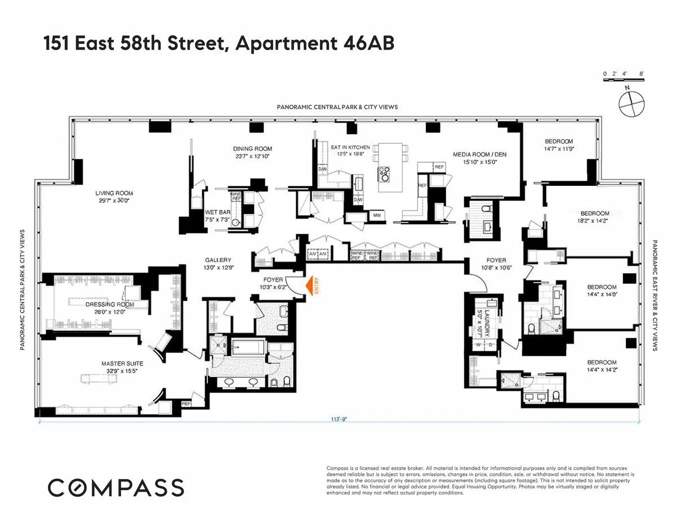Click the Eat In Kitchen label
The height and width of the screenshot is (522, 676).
350,147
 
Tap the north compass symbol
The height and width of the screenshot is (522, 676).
629,102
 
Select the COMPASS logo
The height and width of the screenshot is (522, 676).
115,488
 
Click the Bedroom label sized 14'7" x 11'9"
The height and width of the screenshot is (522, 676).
558,141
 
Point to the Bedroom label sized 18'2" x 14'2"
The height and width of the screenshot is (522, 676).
595,213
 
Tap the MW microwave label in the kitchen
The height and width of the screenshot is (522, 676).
376,216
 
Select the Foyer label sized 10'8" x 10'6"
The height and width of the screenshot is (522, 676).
496,260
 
